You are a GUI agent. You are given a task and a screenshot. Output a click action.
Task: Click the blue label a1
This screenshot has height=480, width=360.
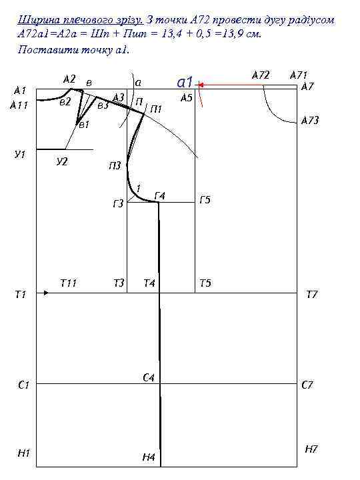pyautogui.click(x=185, y=82)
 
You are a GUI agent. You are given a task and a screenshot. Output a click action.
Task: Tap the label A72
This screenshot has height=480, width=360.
pyautogui.click(x=261, y=75)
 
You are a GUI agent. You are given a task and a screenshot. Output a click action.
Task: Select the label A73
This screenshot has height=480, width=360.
pyautogui.click(x=310, y=120)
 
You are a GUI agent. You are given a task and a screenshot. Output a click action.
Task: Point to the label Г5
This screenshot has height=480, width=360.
pyautogui.click(x=205, y=199)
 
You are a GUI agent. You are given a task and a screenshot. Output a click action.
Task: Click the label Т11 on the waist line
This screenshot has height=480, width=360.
pyautogui.click(x=68, y=283)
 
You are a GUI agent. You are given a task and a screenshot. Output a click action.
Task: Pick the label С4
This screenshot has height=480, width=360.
pyautogui.click(x=149, y=377)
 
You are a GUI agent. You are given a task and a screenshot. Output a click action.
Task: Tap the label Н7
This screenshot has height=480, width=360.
pyautogui.click(x=311, y=449)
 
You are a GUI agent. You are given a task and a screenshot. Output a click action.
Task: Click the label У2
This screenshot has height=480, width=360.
pyautogui.click(x=62, y=161)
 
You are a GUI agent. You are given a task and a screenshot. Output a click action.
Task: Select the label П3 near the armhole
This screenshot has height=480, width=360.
pyautogui.click(x=115, y=165)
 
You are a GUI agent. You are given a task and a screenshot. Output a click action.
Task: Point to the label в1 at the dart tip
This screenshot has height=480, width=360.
pyautogui.click(x=84, y=124)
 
